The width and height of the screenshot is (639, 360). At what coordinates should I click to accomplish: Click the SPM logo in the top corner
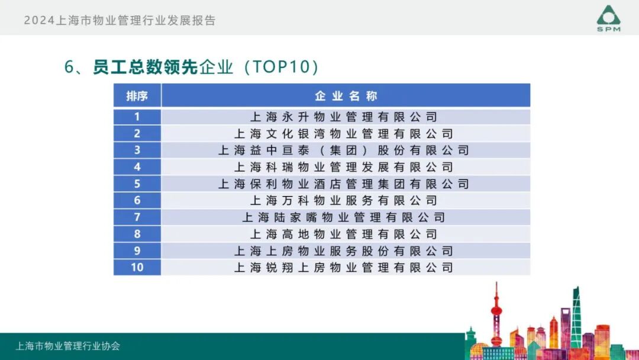[608, 18]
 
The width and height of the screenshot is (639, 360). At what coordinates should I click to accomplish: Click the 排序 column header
[137, 96]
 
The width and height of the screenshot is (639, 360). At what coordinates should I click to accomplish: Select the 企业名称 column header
[346, 96]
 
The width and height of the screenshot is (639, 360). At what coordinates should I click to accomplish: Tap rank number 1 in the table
[137, 117]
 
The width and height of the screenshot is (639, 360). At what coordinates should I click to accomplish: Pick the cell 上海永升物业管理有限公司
[344, 117]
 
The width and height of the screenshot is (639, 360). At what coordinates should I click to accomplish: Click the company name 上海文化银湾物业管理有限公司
[344, 133]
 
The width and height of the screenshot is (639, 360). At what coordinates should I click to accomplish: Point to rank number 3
[137, 150]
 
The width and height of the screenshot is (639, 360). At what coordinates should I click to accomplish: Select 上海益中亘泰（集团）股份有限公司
[344, 150]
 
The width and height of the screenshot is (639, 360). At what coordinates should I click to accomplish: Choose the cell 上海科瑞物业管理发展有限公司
[344, 167]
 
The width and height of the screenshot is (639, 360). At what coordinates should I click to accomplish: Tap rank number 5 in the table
[137, 184]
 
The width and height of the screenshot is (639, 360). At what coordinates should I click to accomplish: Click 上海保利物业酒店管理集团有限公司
[344, 184]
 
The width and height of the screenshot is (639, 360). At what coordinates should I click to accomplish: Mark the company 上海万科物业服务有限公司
[344, 201]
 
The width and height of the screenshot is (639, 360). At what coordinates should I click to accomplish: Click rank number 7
[137, 217]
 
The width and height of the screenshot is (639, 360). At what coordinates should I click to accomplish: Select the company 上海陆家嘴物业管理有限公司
[344, 217]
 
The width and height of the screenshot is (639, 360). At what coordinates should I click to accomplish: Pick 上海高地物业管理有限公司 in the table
[344, 234]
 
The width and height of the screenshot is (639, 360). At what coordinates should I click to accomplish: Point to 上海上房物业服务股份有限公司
[344, 251]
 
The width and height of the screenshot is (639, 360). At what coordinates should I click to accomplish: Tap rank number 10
[137, 268]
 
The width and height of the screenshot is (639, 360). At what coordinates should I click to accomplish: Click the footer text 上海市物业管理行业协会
[68, 346]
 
